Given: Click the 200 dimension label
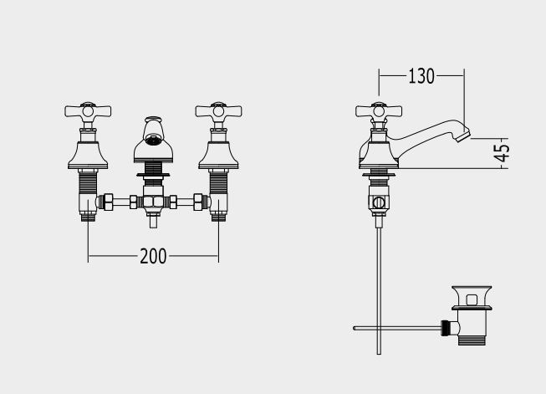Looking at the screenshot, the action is [153, 257].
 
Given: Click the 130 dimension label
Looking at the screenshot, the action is [421, 76].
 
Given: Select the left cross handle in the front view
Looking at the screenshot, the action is [88, 111].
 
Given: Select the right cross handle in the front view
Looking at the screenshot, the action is [218, 111].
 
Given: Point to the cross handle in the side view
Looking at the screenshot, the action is [379, 111].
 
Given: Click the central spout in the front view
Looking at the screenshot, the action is [153, 140].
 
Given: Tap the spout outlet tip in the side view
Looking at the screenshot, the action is [463, 136].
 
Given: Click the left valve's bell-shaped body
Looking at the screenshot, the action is [88, 155].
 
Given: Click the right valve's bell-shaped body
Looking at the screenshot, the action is [218, 155].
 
